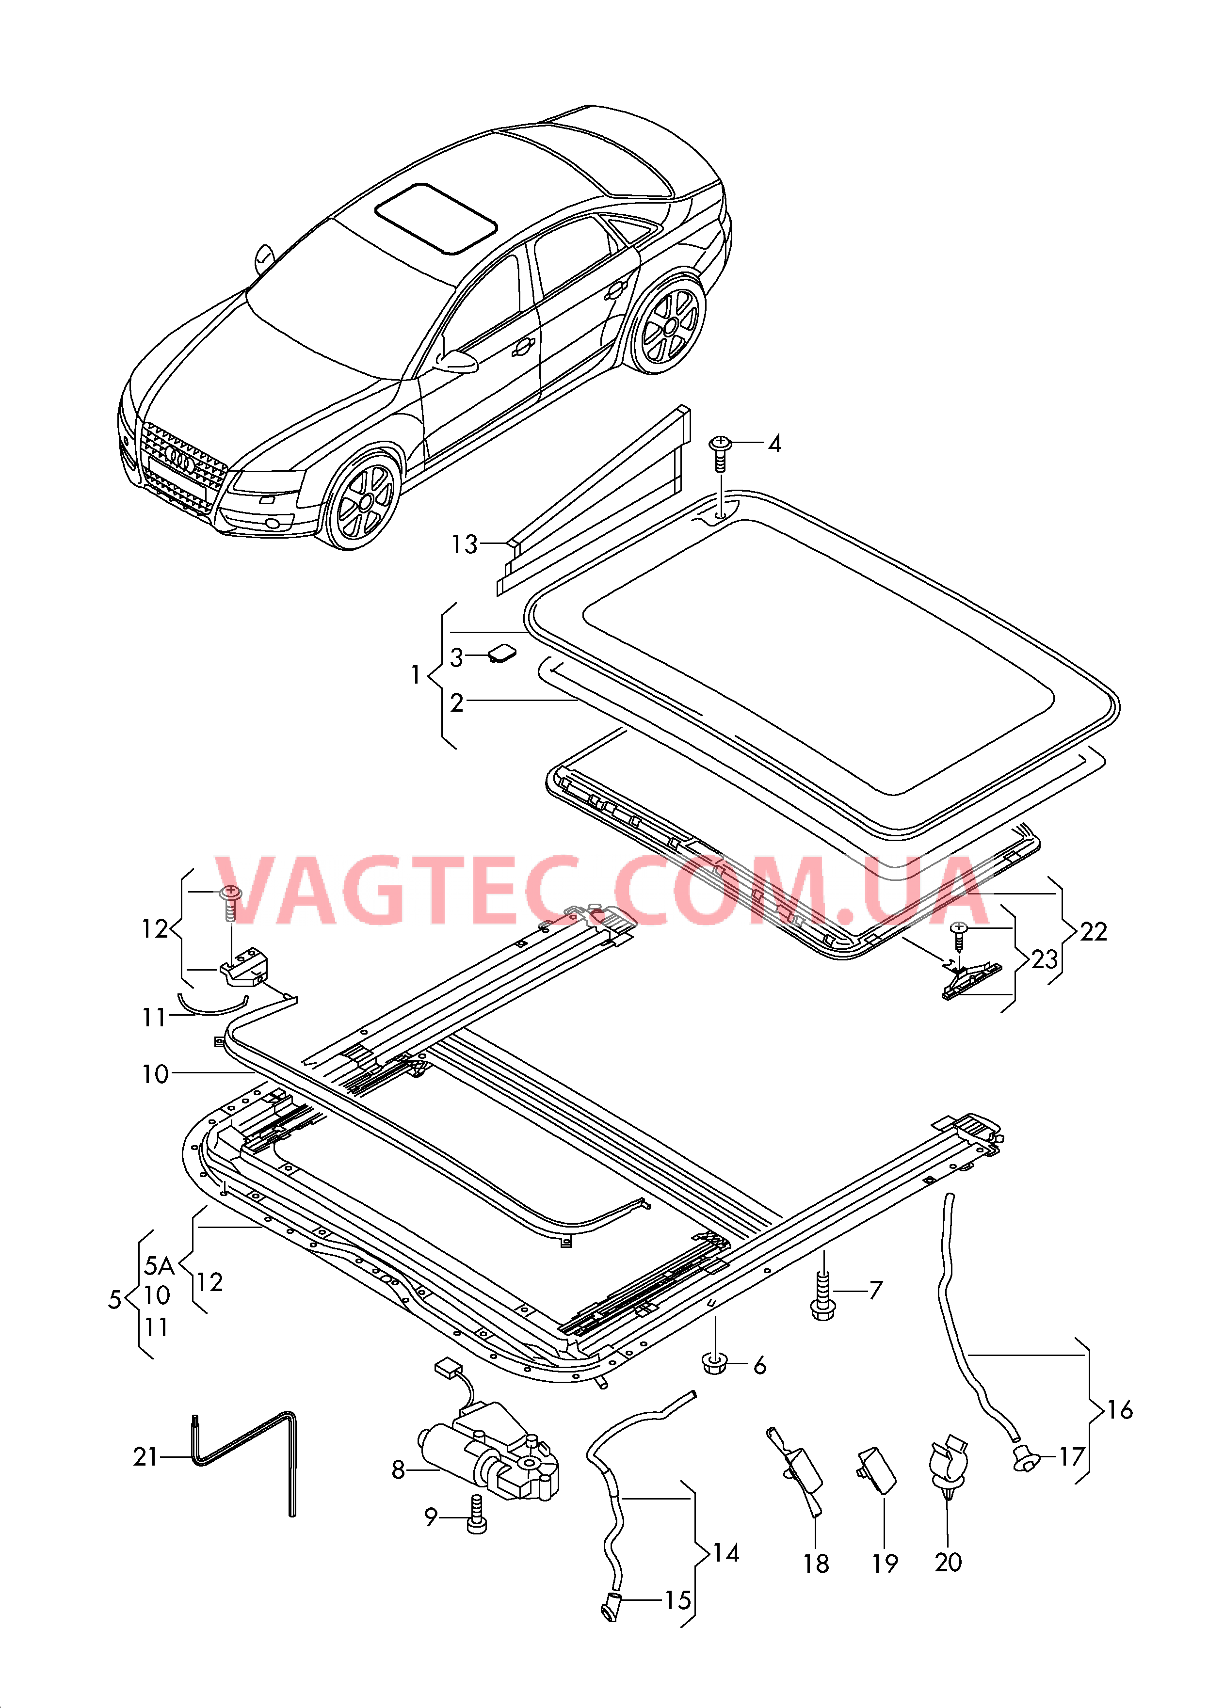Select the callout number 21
[x=146, y=1456]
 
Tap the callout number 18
[x=816, y=1564]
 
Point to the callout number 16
[x=1119, y=1410]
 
